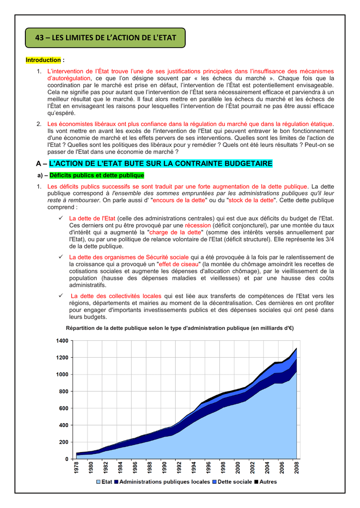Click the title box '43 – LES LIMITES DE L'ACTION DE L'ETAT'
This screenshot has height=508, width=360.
(x=105, y=38)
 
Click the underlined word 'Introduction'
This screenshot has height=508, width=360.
(x=43, y=60)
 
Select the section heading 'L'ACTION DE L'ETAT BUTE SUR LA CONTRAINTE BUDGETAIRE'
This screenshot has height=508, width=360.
(x=161, y=163)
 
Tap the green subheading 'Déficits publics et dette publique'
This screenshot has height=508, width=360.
(x=97, y=176)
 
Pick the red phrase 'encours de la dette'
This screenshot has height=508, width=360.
(x=179, y=200)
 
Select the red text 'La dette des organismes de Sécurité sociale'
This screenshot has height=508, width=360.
(x=129, y=257)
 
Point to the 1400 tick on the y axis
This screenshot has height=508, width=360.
(x=62, y=341)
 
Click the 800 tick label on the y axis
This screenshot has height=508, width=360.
(x=63, y=391)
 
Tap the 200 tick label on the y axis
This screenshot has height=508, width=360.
(x=63, y=442)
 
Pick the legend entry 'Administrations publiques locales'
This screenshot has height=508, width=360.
(x=164, y=482)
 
